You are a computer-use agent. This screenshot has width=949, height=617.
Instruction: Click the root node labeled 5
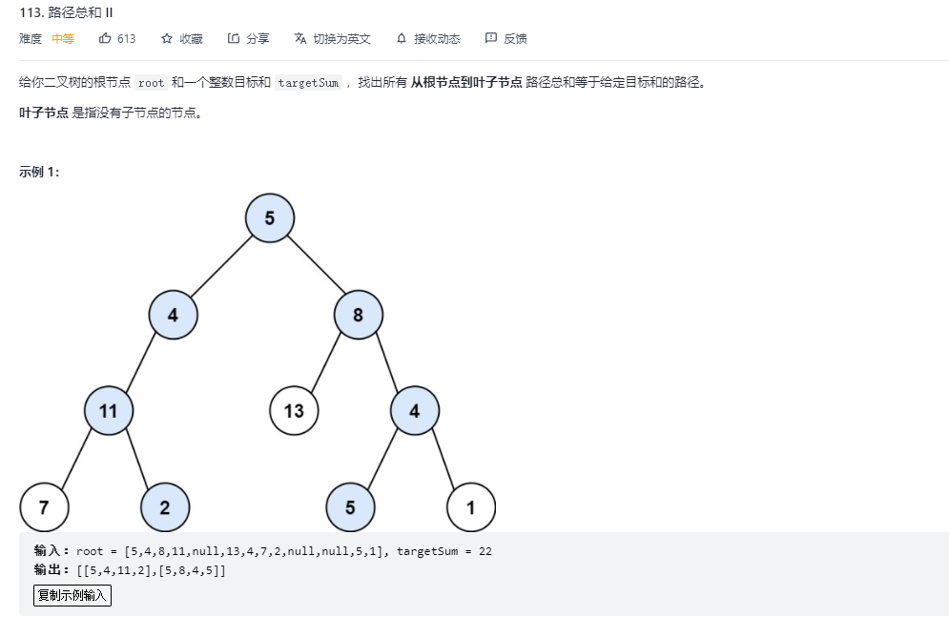pyautogui.click(x=270, y=218)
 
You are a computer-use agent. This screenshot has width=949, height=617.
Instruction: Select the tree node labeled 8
pyautogui.click(x=358, y=315)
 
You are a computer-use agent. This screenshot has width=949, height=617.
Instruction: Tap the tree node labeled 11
pyautogui.click(x=108, y=411)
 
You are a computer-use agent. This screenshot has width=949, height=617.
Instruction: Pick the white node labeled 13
pyautogui.click(x=294, y=411)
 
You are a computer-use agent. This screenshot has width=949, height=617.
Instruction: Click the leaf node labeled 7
pyautogui.click(x=44, y=507)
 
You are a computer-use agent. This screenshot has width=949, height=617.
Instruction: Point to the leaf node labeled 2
pyautogui.click(x=165, y=507)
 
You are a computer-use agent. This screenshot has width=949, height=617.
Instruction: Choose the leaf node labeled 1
pyautogui.click(x=471, y=507)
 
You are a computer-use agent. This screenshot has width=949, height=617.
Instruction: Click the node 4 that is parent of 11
pyautogui.click(x=173, y=315)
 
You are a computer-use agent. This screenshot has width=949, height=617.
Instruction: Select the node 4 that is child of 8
pyautogui.click(x=414, y=411)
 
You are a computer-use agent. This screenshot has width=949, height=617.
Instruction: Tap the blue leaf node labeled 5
pyautogui.click(x=350, y=507)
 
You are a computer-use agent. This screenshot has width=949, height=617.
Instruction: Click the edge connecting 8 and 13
pyautogui.click(x=326, y=362)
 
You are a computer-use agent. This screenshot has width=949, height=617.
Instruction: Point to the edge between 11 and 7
pyautogui.click(x=76, y=459)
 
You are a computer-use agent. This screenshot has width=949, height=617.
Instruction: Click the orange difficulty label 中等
pyautogui.click(x=63, y=39)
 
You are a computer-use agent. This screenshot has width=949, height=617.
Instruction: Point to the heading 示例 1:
pyautogui.click(x=39, y=172)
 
